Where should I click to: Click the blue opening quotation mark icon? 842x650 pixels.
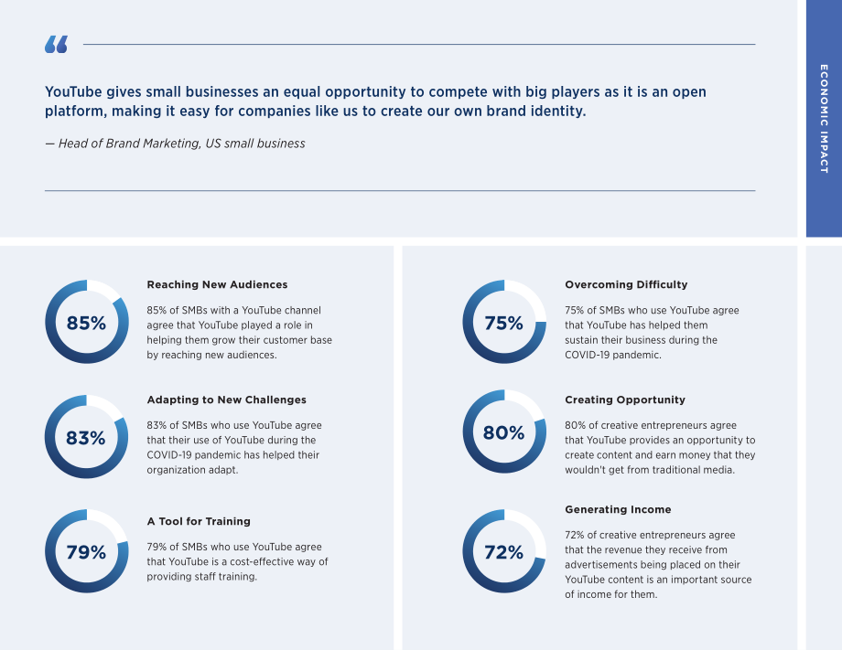(x=57, y=45)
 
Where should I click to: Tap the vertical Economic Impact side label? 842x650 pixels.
(x=824, y=119)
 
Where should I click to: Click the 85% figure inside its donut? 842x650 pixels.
(x=86, y=323)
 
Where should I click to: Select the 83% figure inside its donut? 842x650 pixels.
(x=86, y=438)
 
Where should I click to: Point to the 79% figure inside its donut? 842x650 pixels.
(x=86, y=552)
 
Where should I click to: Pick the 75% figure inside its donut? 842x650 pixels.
(x=503, y=323)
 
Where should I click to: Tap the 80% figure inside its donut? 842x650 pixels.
(x=503, y=432)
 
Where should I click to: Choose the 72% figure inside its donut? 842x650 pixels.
(x=503, y=552)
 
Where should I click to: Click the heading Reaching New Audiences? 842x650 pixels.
(x=217, y=285)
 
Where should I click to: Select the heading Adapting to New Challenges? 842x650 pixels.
(x=227, y=400)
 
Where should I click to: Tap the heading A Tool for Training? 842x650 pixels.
(x=199, y=521)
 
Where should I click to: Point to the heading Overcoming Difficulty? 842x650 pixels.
(x=626, y=285)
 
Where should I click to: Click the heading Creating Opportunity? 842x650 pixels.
(x=625, y=400)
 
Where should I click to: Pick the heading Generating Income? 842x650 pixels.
(x=618, y=509)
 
